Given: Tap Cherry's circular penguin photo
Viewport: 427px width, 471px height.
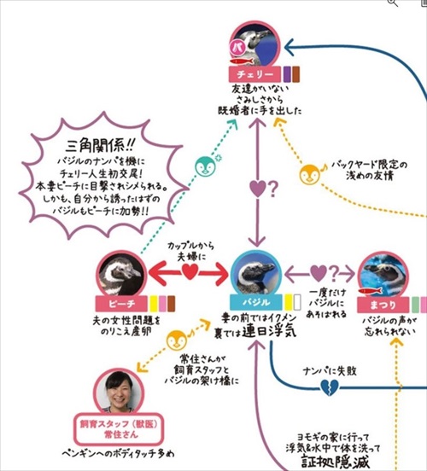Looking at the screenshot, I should (255, 44).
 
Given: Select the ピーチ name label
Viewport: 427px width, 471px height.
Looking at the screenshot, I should (119, 303).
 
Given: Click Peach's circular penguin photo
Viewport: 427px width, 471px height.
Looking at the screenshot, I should (120, 274).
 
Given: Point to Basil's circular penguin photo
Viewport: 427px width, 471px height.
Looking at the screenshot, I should (256, 274).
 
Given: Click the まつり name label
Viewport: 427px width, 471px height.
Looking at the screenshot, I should (383, 302).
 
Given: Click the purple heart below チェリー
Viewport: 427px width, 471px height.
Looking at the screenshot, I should (257, 187).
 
